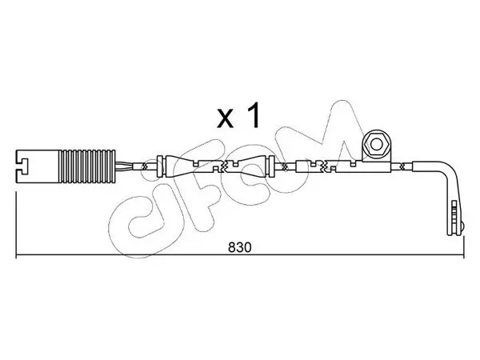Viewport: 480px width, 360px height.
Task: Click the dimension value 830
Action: [239, 247]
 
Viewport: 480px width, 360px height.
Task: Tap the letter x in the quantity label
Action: [225, 118]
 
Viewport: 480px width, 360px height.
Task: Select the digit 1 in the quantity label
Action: [254, 114]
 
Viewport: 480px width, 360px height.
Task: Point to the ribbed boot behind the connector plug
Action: [87, 166]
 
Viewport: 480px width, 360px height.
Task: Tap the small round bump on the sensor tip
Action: [462, 227]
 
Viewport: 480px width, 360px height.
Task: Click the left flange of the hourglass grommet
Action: [159, 166]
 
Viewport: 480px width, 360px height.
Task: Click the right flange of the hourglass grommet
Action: [270, 166]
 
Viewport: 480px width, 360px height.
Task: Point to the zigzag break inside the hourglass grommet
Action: [223, 166]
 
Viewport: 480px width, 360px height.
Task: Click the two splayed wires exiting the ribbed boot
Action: [124, 166]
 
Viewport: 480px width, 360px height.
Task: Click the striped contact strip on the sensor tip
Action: [454, 214]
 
